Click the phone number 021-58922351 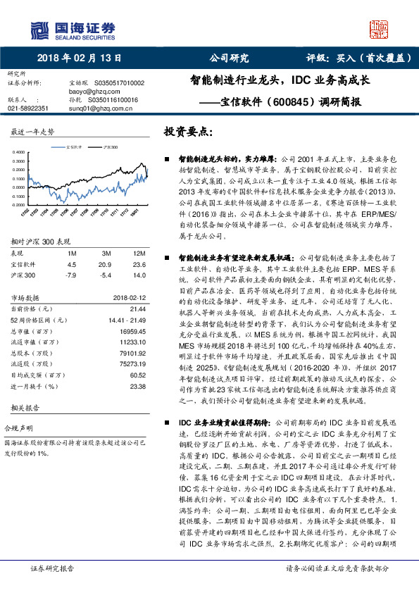(x=27, y=108)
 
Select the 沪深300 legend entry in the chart (x=111, y=147)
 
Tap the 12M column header (x=139, y=253)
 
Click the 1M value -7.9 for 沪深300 (x=70, y=275)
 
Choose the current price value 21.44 (x=137, y=308)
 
